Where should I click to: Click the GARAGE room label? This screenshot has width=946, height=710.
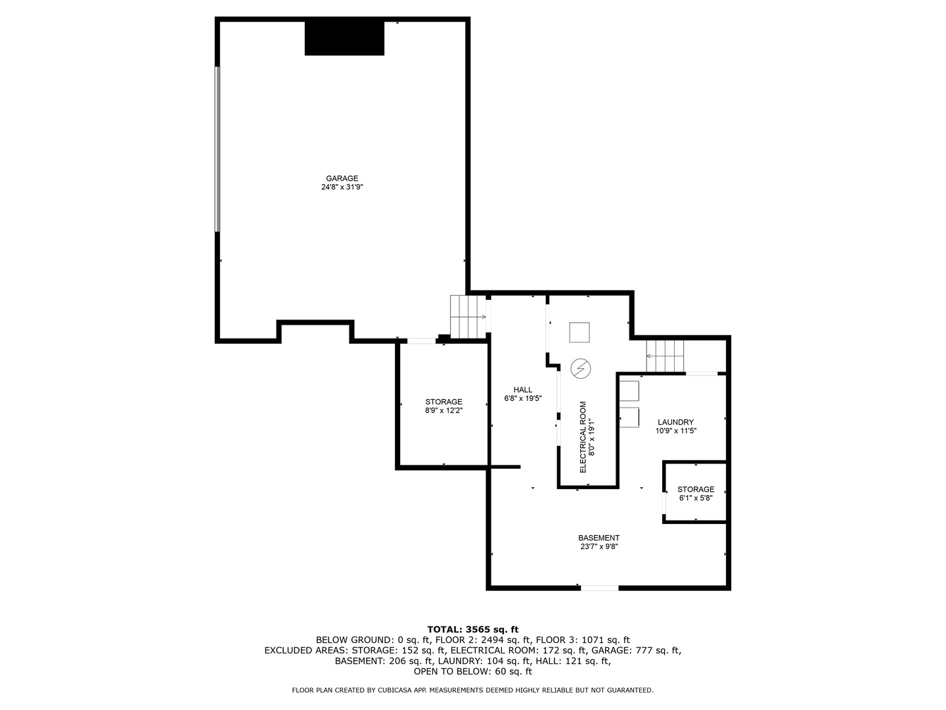342,178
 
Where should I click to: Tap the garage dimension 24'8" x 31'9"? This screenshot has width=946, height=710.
342,187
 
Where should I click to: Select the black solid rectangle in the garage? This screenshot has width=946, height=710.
344,38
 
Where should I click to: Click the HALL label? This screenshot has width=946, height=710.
523,390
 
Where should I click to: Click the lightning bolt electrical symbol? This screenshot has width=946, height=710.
581,369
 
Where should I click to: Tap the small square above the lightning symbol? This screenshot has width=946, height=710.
580,333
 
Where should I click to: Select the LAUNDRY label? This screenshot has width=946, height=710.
675,422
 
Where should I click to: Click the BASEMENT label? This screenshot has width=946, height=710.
598,538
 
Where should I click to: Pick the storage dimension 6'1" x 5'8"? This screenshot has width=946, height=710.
696,498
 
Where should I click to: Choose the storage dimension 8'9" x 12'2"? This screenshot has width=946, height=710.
443,411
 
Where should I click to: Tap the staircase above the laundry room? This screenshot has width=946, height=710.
665,356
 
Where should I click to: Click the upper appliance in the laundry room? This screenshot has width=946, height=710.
629,391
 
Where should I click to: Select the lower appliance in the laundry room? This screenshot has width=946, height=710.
629,417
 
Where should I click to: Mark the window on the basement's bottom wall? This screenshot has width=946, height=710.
599,588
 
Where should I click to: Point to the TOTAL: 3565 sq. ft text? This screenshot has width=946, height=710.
472,629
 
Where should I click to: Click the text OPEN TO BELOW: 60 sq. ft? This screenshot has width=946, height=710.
472,672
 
